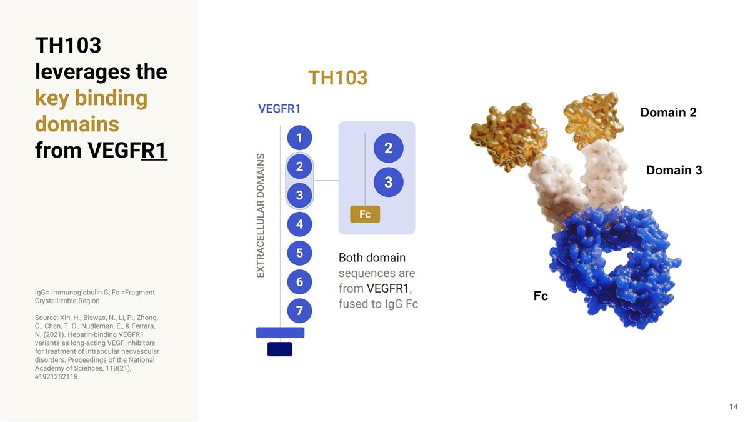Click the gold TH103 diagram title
click(337, 78)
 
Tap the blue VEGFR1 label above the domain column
click(279, 109)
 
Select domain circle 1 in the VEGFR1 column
click(299, 138)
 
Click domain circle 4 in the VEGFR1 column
click(299, 224)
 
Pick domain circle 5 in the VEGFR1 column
click(299, 253)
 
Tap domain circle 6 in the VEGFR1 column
click(299, 282)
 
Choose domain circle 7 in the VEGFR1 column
click(299, 311)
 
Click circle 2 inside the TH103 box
click(388, 148)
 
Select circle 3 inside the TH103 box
click(388, 183)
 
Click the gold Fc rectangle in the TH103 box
click(365, 214)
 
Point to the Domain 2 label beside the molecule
click(668, 113)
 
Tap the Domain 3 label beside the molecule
click(674, 170)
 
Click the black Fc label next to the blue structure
click(541, 296)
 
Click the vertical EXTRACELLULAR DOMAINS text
click(261, 216)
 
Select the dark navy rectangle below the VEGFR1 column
click(279, 349)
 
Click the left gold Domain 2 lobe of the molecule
click(500, 134)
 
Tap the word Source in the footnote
click(47, 318)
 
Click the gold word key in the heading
click(52, 98)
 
